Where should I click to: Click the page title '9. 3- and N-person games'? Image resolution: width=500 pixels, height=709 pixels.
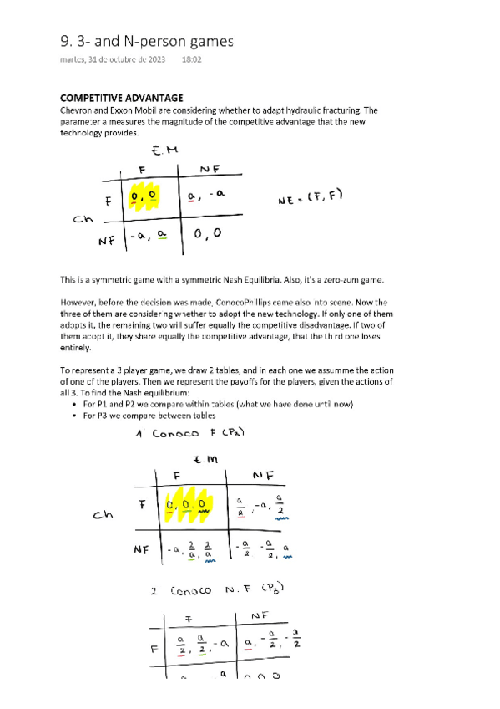[147, 41]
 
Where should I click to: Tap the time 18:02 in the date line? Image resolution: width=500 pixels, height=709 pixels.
[191, 60]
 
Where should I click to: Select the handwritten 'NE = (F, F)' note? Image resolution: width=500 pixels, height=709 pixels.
[311, 198]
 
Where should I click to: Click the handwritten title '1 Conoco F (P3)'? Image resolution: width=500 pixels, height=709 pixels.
[189, 435]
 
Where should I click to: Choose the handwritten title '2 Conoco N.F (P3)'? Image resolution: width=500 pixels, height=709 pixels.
[216, 591]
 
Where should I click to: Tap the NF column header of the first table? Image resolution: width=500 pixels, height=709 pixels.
[210, 170]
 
